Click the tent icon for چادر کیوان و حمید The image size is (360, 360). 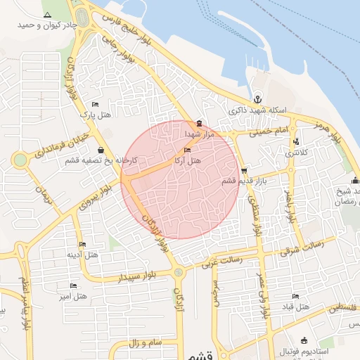[x=47, y=15]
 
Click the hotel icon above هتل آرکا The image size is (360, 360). [x=186, y=150]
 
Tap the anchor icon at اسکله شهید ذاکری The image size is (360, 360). [x=257, y=100]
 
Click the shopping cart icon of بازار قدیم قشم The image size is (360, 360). [x=244, y=170]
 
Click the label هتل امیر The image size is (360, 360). [x=74, y=296]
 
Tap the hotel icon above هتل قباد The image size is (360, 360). [x=295, y=296]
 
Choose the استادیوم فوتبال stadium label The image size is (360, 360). [x=303, y=350]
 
